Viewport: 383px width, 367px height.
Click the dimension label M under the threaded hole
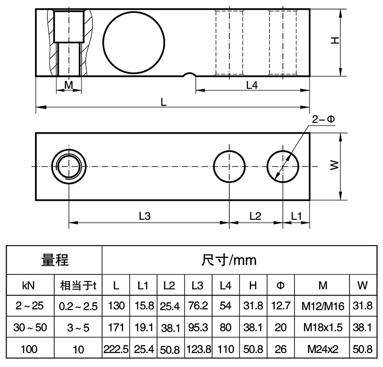[x=68, y=85]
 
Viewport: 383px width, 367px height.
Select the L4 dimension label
[x=252, y=85]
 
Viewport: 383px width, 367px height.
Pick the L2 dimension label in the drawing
[x=255, y=216]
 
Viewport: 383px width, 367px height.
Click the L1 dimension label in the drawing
[x=296, y=216]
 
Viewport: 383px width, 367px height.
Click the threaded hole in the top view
[x=69, y=166]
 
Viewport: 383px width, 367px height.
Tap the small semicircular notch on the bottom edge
[x=190, y=75]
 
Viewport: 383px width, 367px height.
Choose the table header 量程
[x=55, y=260]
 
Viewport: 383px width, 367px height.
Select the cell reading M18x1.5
[x=323, y=328]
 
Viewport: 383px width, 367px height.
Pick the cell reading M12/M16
[x=323, y=306]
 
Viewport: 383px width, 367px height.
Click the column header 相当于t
[x=78, y=286]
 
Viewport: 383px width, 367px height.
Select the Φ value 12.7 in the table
[x=281, y=306]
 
